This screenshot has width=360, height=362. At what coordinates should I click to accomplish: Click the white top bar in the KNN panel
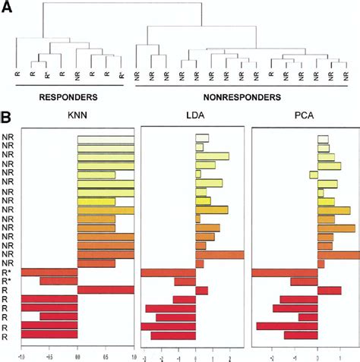106,139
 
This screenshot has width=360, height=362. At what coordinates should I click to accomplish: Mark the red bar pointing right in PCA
329,290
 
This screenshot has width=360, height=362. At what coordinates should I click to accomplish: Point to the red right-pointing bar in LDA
201,290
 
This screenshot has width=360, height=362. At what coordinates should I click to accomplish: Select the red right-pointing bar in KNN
106,290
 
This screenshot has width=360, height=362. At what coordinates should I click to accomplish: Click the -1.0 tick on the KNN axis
21,354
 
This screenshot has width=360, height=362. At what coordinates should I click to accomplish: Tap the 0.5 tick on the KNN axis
106,354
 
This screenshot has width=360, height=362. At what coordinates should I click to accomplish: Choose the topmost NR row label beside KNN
7,139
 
